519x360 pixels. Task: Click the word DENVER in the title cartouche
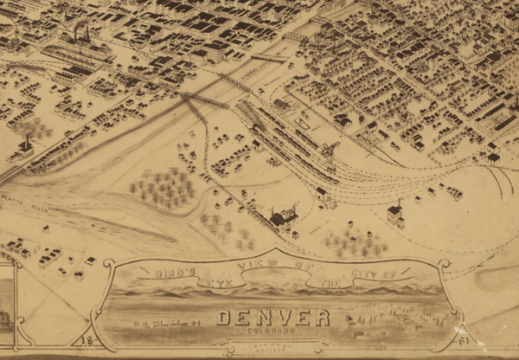click(x=273, y=318)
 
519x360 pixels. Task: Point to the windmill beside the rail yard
click(x=330, y=150)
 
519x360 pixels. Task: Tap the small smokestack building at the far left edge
click(x=22, y=149)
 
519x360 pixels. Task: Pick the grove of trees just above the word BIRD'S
click(x=162, y=187)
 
